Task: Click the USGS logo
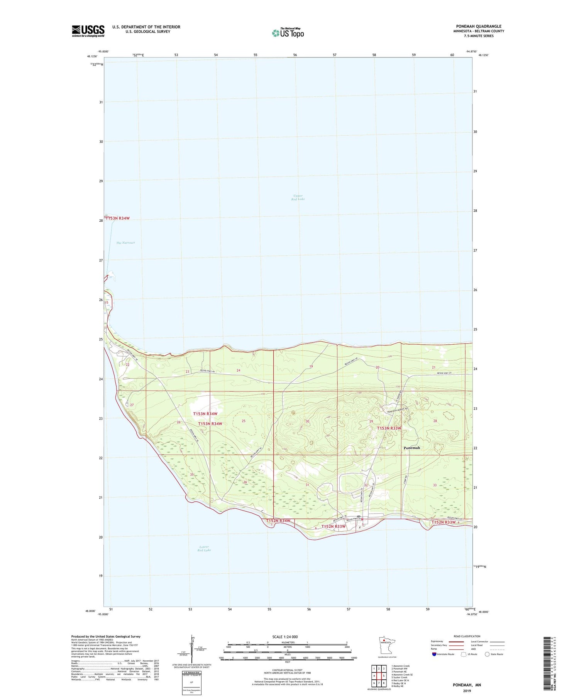point(88,31)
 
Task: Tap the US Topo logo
point(288,33)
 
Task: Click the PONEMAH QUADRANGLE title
point(479,27)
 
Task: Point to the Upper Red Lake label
point(298,197)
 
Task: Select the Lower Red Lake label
point(204,549)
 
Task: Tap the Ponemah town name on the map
point(411,448)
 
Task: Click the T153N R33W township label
point(389,428)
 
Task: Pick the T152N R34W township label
point(278,521)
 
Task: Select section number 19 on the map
point(311,367)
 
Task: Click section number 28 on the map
point(435,421)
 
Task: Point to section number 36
point(245,482)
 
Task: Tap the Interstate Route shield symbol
point(434,654)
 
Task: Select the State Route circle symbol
point(487,654)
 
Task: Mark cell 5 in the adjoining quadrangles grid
point(383,675)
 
